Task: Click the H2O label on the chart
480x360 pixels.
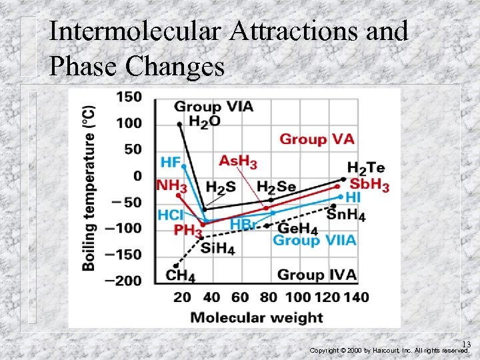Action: (204, 121)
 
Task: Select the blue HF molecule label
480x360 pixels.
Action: (171, 162)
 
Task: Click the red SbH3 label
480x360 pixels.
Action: (369, 185)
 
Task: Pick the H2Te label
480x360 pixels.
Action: (366, 168)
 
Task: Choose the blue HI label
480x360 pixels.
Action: (353, 198)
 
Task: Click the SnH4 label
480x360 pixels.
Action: (345, 215)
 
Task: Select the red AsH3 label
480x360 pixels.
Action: (238, 161)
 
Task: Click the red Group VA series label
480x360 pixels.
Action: (317, 139)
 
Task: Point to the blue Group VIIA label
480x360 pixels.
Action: (314, 241)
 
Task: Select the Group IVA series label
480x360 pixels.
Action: (317, 275)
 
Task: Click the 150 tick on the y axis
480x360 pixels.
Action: (129, 97)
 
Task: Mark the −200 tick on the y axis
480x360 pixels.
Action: (125, 281)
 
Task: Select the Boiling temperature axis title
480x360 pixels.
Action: (88, 188)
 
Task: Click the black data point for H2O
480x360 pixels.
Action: (179, 124)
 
